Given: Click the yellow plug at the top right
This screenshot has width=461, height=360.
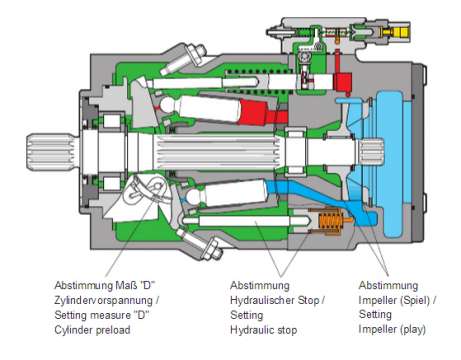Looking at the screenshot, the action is click(400, 32).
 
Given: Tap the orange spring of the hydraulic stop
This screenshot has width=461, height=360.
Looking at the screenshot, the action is click(330, 220).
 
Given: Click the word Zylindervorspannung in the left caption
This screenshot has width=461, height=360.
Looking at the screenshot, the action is click(104, 300).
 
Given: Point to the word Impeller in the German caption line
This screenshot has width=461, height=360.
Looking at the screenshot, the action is click(377, 300).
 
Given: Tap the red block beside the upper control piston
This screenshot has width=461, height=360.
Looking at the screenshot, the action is click(343, 82).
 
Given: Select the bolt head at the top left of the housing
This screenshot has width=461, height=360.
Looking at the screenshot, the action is click(198, 53).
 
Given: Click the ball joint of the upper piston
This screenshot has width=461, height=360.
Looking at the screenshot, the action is click(167, 105).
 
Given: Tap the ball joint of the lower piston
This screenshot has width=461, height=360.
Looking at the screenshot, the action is click(193, 197).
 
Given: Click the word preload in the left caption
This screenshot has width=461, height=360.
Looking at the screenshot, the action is click(113, 330).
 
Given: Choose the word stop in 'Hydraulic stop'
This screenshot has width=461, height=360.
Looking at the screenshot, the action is click(287, 330).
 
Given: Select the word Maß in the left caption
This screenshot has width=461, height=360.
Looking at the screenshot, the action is click(126, 286).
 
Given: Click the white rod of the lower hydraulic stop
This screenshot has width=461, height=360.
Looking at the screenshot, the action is click(247, 221).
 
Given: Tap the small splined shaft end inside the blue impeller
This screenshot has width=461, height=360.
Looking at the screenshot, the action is click(371, 151).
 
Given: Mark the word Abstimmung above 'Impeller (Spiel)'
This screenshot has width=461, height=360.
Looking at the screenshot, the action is click(388, 286).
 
